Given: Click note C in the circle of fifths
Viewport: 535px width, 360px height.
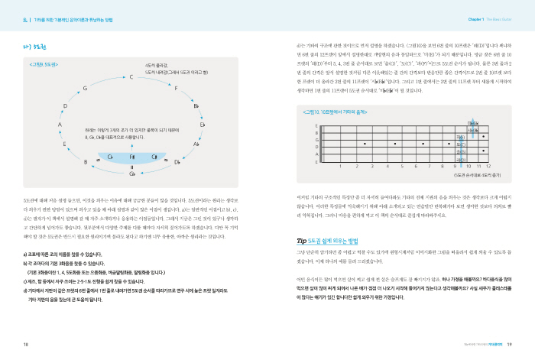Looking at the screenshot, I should (x=110, y=77).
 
